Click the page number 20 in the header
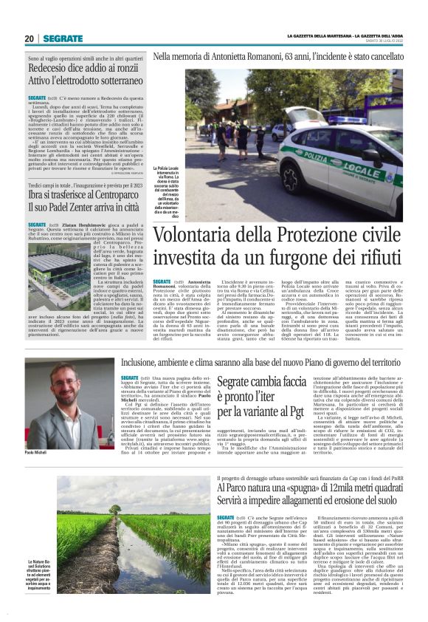(x=30, y=38)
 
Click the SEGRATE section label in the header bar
(x=63, y=38)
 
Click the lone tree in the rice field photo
(x=115, y=509)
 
